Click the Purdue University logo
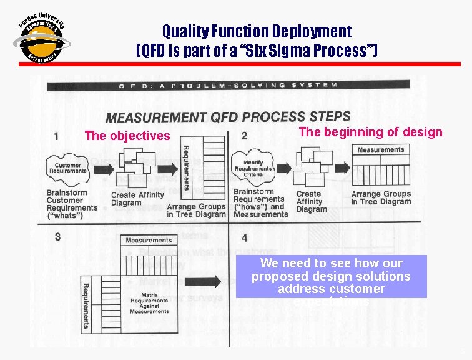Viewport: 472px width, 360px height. (41, 38)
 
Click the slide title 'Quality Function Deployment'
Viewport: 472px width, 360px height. (257, 31)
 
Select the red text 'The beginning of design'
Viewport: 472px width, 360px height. (370, 132)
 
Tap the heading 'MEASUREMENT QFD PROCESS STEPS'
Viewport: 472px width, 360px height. (228, 117)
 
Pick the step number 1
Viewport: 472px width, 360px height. (57, 136)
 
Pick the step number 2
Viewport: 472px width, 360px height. (244, 136)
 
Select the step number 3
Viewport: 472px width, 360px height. (57, 237)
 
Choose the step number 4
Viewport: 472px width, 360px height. (244, 238)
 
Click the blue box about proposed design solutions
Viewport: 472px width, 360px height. (331, 276)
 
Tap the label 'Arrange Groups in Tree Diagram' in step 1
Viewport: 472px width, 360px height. (196, 211)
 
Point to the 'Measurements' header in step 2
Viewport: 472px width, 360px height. (380, 150)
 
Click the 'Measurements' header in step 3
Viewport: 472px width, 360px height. (149, 241)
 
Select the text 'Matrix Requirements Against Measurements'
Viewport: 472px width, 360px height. (150, 302)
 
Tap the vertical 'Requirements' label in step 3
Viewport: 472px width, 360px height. (86, 306)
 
